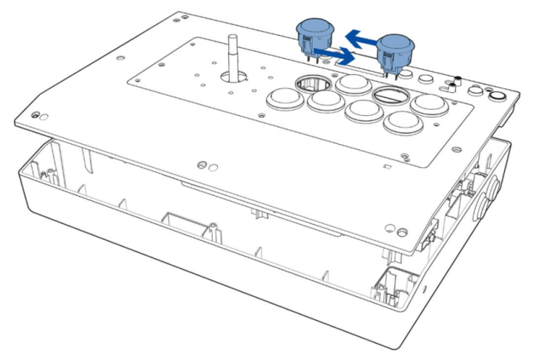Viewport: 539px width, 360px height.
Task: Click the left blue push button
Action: [x=314, y=33]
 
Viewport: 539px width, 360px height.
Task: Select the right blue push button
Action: [x=395, y=51]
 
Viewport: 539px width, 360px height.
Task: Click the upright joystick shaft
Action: [x=232, y=56]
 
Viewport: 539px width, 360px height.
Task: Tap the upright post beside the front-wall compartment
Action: [x=212, y=229]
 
